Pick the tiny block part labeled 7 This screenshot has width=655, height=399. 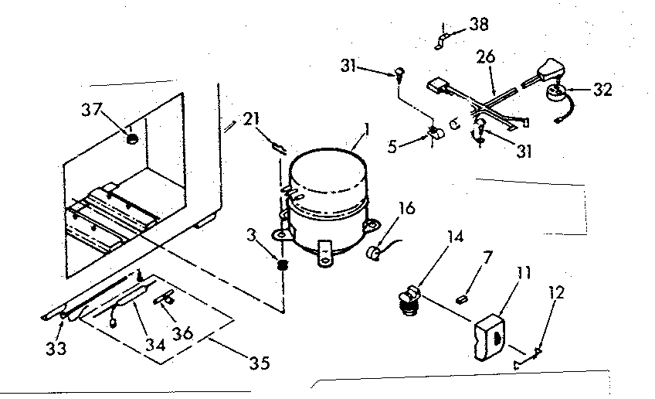(463, 295)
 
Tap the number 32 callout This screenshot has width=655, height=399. (602, 89)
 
